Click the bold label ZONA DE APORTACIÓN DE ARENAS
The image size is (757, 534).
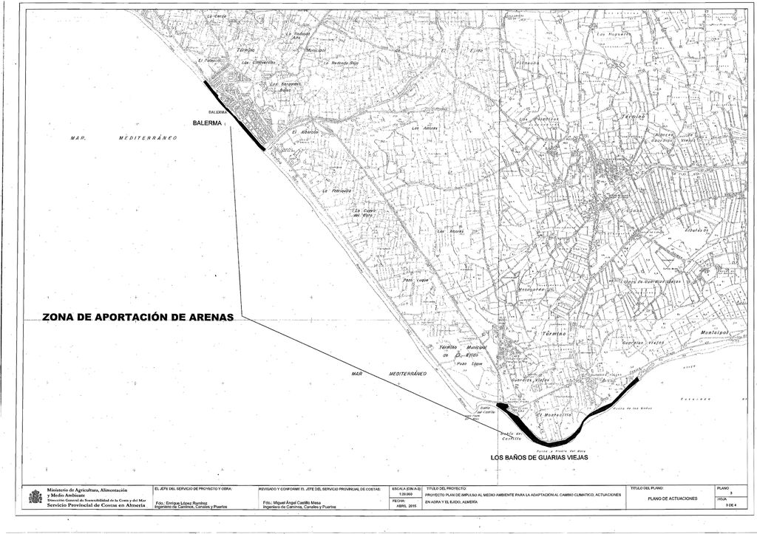pos(138,317)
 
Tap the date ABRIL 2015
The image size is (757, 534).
pos(402,506)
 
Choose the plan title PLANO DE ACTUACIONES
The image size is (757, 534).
pos(671,499)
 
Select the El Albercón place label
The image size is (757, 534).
pos(305,131)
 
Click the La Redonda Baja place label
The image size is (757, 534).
pos(341,64)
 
